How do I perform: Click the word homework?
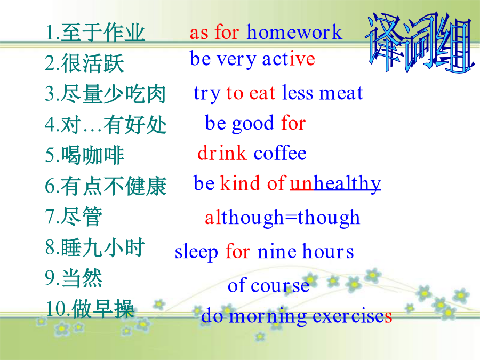click(x=294, y=32)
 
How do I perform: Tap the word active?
click(x=289, y=59)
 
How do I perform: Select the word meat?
click(x=341, y=93)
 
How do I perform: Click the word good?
click(x=253, y=124)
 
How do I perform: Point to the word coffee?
click(x=280, y=153)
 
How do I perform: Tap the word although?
click(x=244, y=218)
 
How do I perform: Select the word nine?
click(x=277, y=252)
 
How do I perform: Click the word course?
click(x=280, y=286)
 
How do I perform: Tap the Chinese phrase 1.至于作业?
click(x=95, y=32)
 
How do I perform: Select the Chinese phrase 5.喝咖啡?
click(x=84, y=155)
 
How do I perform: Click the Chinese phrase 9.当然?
click(x=74, y=278)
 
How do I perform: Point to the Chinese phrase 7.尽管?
click(x=74, y=217)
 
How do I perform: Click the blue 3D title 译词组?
click(x=419, y=42)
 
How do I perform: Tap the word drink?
click(x=222, y=153)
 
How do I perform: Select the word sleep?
click(x=196, y=252)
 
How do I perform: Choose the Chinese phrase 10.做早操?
click(x=90, y=309)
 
